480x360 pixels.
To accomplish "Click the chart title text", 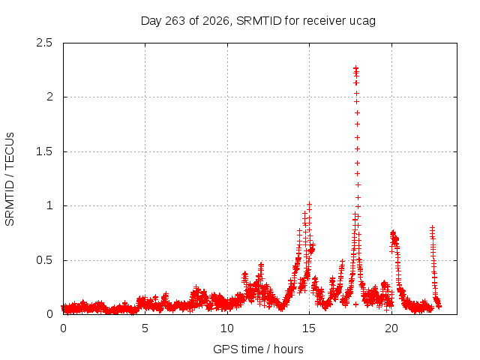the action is tap(258, 21).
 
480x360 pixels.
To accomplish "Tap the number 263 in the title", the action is tap(175, 21).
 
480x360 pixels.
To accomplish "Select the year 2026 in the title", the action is tap(216, 21).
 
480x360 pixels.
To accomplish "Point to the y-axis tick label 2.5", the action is tap(44, 43).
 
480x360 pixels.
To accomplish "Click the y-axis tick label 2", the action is tap(49, 97).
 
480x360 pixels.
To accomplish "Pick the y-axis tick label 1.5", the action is tap(44, 151).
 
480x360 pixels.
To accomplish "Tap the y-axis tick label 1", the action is tap(50, 205).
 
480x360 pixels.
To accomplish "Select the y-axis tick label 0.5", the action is tap(44, 260).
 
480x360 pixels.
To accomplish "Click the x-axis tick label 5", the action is tap(145, 328).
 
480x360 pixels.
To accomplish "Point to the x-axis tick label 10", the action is tap(227, 328).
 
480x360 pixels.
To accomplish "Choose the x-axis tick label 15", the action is tap(309, 328).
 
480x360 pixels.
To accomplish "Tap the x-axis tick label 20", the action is tap(391, 328).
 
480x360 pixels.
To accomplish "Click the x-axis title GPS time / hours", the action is tap(258, 349).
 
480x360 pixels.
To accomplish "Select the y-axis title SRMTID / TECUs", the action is tap(10, 179).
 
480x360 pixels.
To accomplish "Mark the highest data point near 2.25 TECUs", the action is tap(355, 68).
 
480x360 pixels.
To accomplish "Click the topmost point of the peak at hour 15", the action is tap(309, 205).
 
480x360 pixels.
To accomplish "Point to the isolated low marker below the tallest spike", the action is tap(355, 304).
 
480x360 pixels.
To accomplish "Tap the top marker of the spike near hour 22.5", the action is tap(432, 228).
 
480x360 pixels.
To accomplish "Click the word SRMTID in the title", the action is tap(259, 21).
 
